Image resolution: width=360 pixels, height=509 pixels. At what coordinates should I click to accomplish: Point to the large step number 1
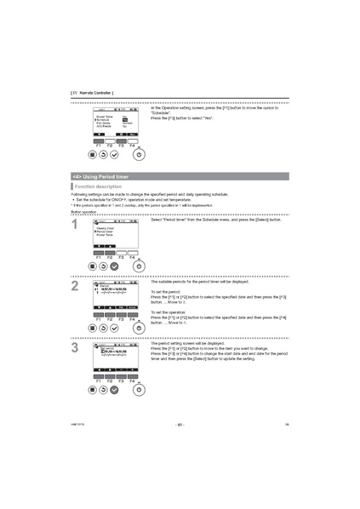click(x=76, y=226)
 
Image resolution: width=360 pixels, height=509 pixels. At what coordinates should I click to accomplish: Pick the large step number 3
click(x=76, y=347)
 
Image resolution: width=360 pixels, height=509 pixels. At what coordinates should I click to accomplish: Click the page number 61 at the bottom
click(x=180, y=423)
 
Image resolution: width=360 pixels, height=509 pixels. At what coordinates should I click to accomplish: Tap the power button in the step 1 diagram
click(x=139, y=266)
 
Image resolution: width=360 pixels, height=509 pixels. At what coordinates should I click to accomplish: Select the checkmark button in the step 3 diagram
click(x=115, y=389)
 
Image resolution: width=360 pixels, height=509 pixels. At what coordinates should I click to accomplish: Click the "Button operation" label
click(x=83, y=211)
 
